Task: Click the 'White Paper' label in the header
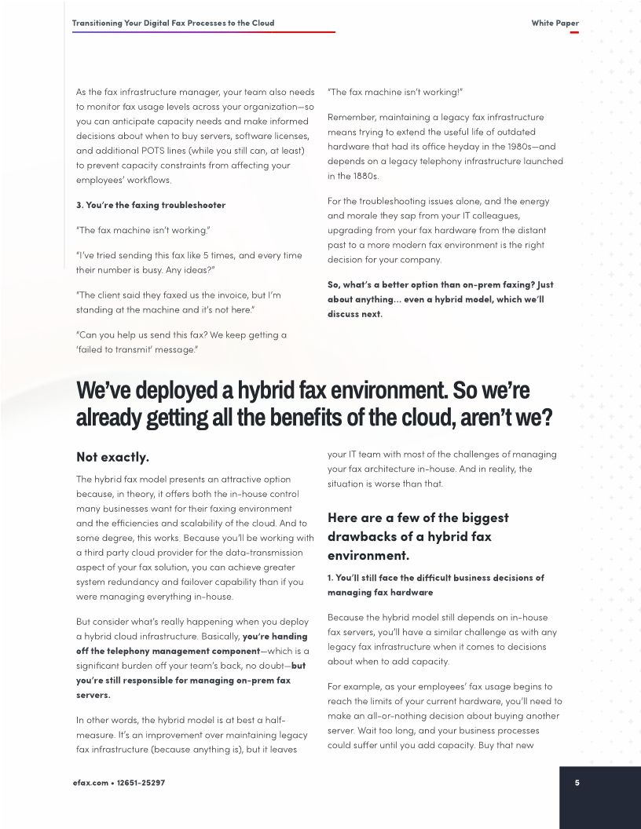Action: click(555, 23)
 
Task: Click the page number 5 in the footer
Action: click(577, 782)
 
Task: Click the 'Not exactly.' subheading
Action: click(112, 457)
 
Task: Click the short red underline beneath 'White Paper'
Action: click(574, 32)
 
